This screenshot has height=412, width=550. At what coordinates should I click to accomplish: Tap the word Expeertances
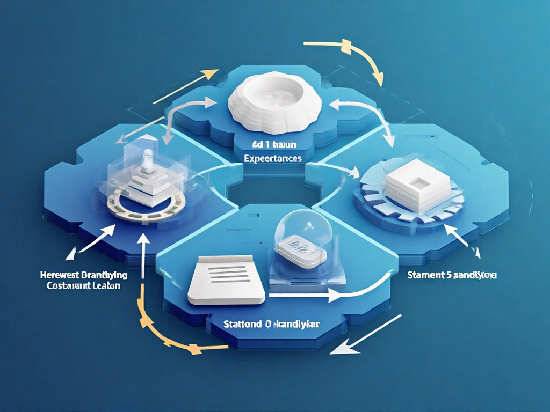click(272, 159)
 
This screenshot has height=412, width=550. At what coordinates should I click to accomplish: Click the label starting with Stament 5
click(452, 276)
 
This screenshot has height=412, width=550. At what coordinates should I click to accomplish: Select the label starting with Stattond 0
click(272, 324)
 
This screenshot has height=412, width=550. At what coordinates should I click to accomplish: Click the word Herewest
click(59, 275)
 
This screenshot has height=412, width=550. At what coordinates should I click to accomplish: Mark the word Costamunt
click(64, 286)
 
